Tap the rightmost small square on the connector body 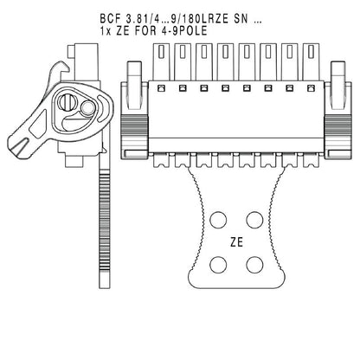312,88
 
